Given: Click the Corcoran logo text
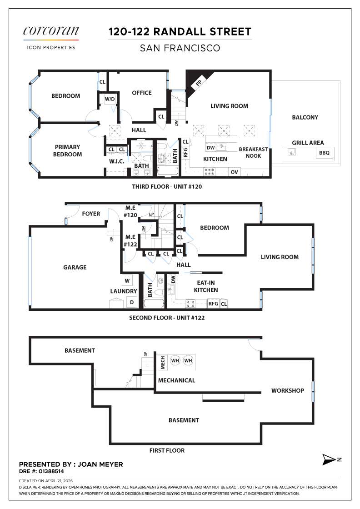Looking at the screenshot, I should click(x=51, y=31).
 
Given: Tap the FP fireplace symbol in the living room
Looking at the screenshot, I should click(x=199, y=83).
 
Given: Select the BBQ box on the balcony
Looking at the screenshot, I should click(x=324, y=153).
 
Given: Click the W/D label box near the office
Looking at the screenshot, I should click(x=110, y=99).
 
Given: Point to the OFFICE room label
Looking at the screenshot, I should click(x=141, y=93).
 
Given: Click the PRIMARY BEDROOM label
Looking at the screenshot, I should click(x=67, y=150).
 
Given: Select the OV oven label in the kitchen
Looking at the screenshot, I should click(x=235, y=172).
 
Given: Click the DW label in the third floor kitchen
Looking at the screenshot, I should click(x=210, y=148).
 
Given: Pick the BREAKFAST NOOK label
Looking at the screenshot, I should click(x=253, y=152).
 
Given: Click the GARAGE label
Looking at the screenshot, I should click(x=75, y=267).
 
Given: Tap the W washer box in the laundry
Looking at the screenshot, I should click(x=127, y=281).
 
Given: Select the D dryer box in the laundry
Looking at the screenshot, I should click(x=132, y=302).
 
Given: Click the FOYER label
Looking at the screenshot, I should click(x=91, y=214).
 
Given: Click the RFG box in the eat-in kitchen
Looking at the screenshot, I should click(x=213, y=304).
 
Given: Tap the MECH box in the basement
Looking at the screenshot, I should click(x=162, y=362).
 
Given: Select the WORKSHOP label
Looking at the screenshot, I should click(x=288, y=390).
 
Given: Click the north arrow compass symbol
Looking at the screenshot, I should click(x=330, y=459).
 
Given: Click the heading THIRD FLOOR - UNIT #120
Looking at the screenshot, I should click(x=167, y=187).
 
